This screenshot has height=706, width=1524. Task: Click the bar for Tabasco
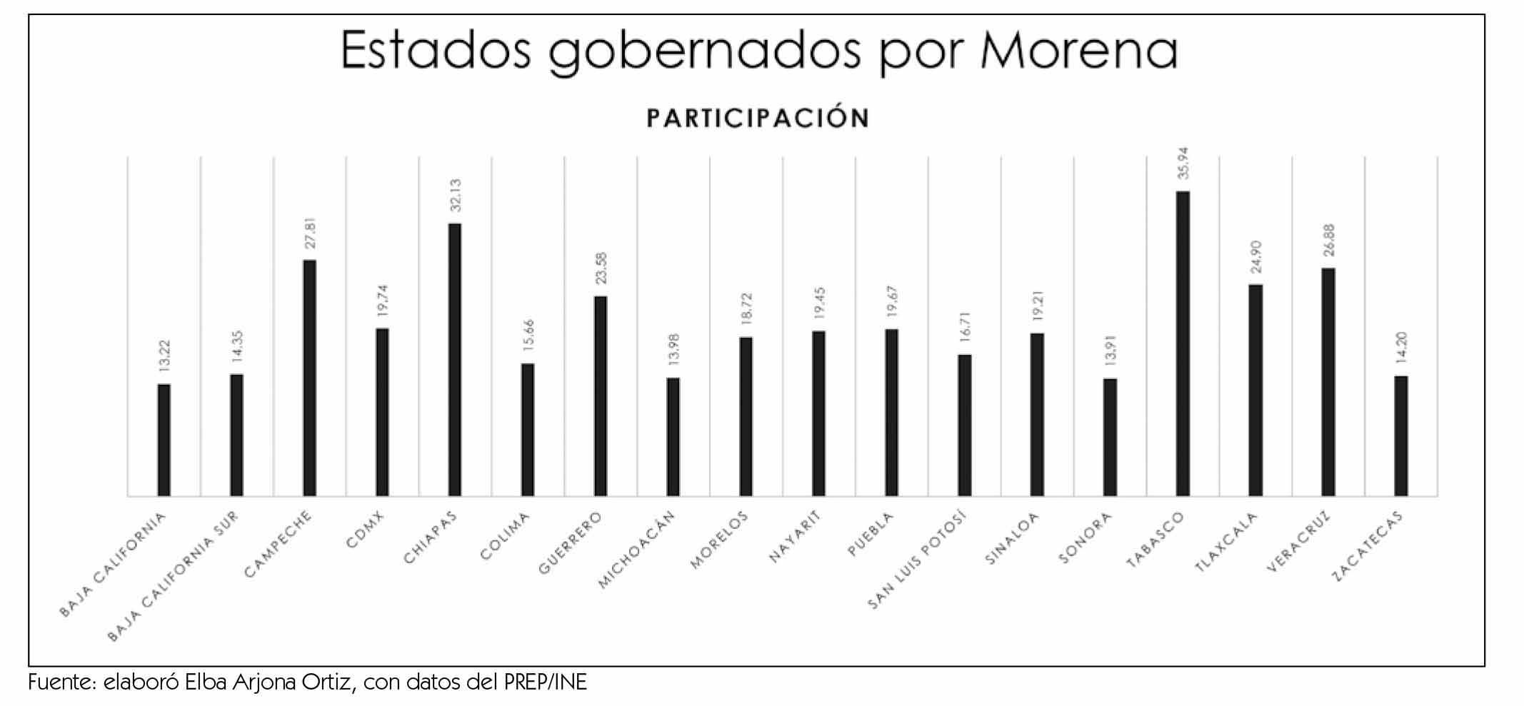point(1183,343)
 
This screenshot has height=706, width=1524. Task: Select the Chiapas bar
point(455,359)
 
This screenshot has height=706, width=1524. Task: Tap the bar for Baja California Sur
point(236,435)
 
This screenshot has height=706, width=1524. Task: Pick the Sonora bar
point(1110,437)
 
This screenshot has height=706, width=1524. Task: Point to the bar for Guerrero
point(601,395)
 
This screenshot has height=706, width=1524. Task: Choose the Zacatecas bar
point(1401,435)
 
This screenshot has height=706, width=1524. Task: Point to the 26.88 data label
point(1328,241)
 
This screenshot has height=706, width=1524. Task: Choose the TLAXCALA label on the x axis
point(1225,542)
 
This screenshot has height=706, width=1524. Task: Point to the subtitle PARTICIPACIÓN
point(758,118)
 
